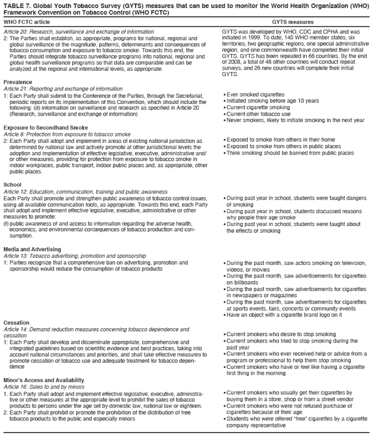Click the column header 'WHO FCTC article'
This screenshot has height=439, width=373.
click(x=27, y=21)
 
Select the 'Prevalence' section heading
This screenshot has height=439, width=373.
click(x=17, y=82)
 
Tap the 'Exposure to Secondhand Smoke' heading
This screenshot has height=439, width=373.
click(x=42, y=127)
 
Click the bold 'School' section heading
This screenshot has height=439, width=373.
click(x=12, y=185)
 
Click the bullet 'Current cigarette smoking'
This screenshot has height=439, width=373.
click(x=259, y=107)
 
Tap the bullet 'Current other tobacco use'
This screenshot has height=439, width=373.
click(x=259, y=114)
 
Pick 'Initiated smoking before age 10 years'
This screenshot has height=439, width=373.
click(x=272, y=101)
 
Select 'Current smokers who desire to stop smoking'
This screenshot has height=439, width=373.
click(x=280, y=334)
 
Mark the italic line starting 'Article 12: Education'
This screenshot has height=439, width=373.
click(x=85, y=192)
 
